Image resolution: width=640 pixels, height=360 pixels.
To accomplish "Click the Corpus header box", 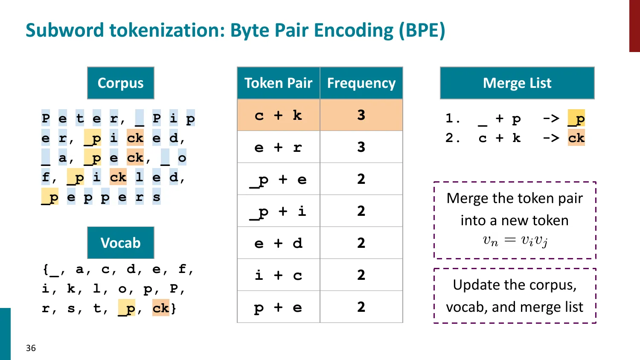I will (x=121, y=83).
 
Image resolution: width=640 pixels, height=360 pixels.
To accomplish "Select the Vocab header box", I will (x=121, y=243).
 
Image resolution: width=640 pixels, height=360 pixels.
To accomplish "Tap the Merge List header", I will (x=517, y=83).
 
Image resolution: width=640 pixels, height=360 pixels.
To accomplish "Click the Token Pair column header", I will (x=278, y=83).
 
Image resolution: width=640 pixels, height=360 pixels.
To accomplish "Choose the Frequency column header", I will (x=361, y=83).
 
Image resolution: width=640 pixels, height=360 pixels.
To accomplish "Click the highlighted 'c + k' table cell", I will (x=278, y=115).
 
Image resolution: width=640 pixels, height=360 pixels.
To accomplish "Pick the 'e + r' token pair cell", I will (x=278, y=147).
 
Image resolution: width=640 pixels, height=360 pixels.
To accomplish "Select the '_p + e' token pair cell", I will (x=278, y=179).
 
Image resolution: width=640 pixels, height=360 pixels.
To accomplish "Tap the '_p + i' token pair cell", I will (x=278, y=211).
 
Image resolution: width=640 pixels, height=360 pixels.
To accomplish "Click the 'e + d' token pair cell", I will (x=278, y=243).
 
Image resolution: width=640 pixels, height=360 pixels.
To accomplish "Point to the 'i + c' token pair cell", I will (x=278, y=275).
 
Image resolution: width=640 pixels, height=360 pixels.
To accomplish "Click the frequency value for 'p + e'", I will (x=361, y=307).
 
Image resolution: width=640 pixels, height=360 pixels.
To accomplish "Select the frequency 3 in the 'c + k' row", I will (x=361, y=115).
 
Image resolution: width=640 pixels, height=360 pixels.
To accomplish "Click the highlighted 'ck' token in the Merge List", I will (x=576, y=138).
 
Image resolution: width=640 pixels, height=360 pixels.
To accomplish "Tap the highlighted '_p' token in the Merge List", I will (x=576, y=119).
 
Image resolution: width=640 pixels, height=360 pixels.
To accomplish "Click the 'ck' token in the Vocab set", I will (x=161, y=308).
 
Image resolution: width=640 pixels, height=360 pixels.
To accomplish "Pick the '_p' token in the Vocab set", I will (x=127, y=308).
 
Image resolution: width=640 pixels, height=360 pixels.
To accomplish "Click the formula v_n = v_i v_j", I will (x=515, y=241).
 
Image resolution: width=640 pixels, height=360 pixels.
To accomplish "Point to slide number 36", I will (x=31, y=348).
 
